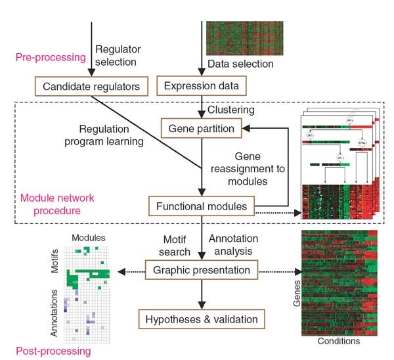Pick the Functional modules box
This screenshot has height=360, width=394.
(201, 207)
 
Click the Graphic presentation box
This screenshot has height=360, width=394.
(201, 270)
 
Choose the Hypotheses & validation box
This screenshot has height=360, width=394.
(201, 320)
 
